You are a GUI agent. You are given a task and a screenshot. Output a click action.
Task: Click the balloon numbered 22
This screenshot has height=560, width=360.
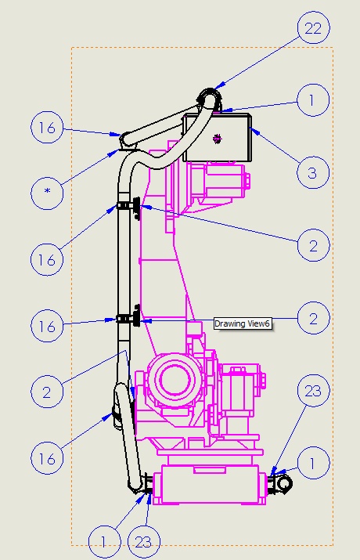coord(313,28)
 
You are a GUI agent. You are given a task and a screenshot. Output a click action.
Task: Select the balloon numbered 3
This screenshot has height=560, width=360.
coord(312,172)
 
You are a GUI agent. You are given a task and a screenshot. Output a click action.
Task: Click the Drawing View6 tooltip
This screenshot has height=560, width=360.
coord(243,323)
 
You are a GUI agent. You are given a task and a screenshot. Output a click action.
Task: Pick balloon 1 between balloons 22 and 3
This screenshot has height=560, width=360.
coord(313,100)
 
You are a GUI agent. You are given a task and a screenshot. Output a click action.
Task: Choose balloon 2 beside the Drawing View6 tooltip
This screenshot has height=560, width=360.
coord(313,318)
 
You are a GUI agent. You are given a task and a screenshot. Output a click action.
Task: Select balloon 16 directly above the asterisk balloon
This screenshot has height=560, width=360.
coord(47,128)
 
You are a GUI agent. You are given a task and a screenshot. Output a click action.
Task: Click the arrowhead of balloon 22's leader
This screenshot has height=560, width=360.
coord(220,85)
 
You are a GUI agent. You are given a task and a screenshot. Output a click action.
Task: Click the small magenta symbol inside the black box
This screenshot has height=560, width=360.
coord(217,139)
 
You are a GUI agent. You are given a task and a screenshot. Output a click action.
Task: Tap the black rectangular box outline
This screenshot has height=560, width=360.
coord(217,114)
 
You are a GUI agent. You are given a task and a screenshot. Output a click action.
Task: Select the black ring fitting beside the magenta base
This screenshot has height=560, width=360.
coord(284,484)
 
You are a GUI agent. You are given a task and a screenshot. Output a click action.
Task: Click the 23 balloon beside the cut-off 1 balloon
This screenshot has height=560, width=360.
coord(144,542)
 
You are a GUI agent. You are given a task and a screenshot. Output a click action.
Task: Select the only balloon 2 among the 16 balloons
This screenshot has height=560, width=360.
coord(47,392)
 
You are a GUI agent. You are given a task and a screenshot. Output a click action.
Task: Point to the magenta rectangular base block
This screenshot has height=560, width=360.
coord(210,484)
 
